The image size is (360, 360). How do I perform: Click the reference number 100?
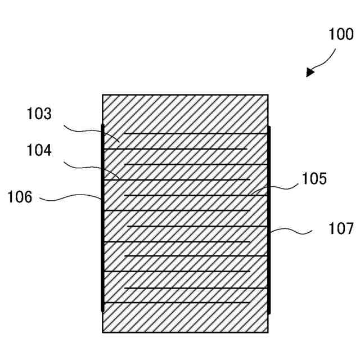coord(341,34)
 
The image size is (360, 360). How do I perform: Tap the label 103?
coord(39,114)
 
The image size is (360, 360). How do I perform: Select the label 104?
coord(39,151)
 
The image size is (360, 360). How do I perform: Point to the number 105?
coord(314,179)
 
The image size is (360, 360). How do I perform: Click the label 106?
coord(20,197)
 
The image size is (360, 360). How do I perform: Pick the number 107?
coord(341,228)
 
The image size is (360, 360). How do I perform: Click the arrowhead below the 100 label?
coord(310,73)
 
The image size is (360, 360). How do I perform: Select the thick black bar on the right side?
coord(269,219)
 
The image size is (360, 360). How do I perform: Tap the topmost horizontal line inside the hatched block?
coord(194,134)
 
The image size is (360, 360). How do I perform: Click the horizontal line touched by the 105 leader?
coord(194,195)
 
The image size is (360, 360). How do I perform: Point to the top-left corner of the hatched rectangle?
coord(103,95)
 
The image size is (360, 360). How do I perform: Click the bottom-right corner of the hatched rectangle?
coord(267,331)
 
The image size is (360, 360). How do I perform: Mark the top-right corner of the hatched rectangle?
coord(267,95)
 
